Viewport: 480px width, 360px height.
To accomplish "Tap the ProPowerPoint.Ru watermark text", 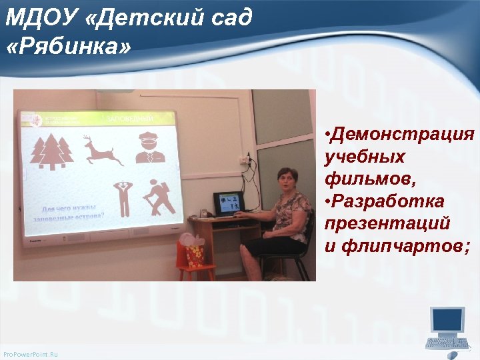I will (x=31, y=353).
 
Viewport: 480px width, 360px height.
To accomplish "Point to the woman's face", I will (x=288, y=181).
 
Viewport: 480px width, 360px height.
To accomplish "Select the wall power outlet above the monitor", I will (x=248, y=161).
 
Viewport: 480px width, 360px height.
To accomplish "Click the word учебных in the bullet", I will (x=365, y=157).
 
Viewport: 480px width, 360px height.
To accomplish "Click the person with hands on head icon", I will (x=121, y=196).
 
